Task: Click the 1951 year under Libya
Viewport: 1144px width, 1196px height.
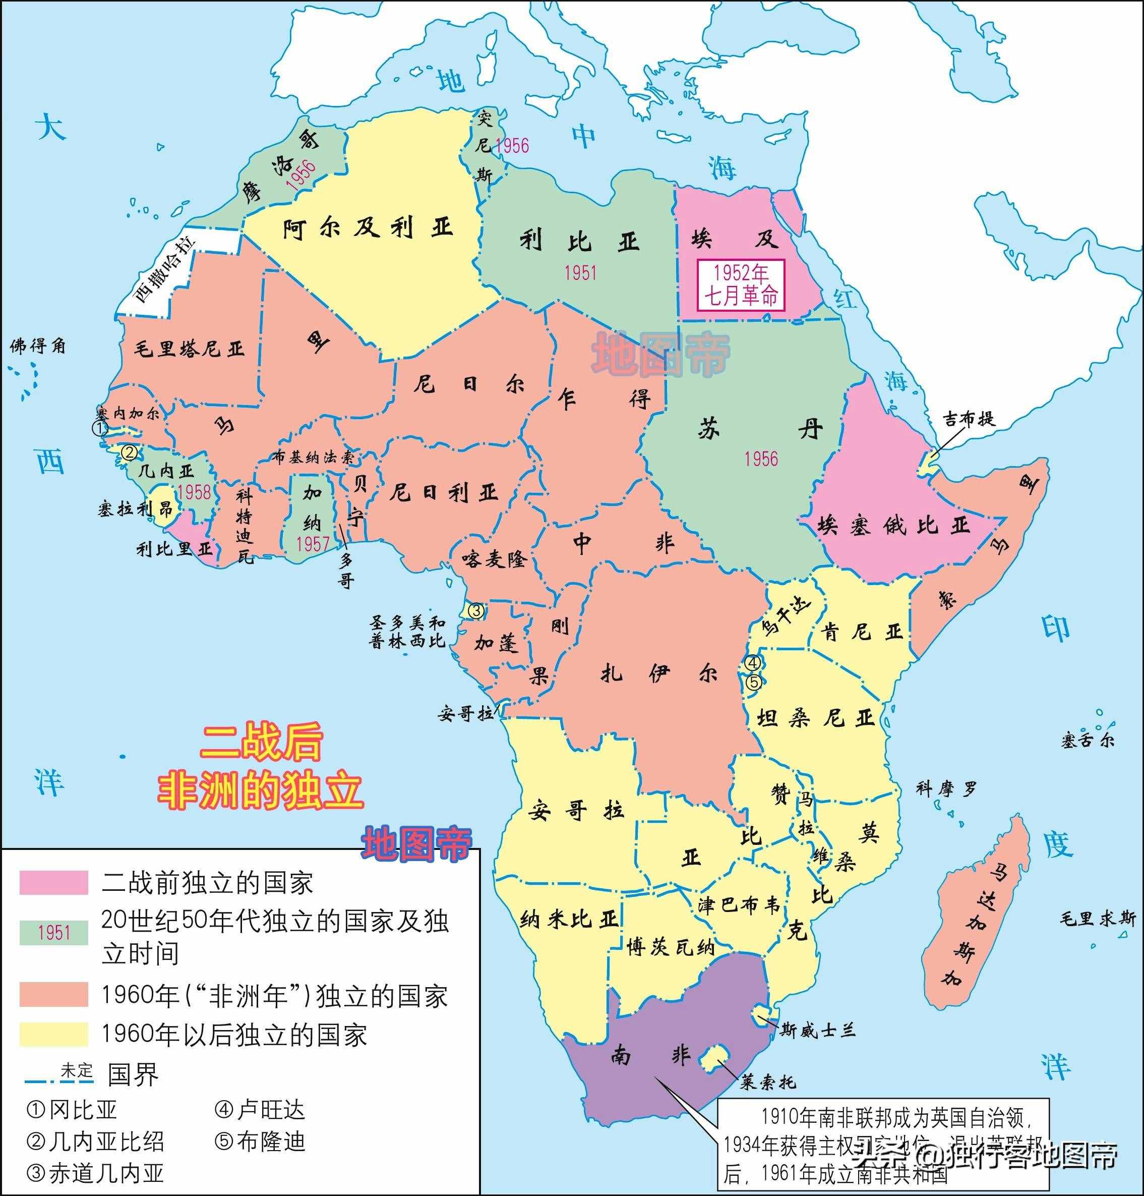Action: (x=580, y=273)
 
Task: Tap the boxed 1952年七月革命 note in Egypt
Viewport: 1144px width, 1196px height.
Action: (x=741, y=285)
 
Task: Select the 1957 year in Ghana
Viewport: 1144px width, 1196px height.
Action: (x=312, y=544)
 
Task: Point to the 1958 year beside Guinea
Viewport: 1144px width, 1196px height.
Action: (x=194, y=492)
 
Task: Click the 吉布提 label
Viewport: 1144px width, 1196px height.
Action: (x=969, y=419)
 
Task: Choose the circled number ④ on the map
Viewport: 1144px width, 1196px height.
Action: (x=753, y=662)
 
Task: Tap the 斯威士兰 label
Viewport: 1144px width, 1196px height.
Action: (x=817, y=1031)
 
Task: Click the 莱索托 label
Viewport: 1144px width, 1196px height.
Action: (x=768, y=1082)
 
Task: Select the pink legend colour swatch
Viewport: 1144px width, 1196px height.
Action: (x=53, y=882)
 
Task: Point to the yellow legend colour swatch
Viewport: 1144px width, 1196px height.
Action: (x=53, y=1034)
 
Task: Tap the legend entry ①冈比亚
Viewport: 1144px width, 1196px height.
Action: (x=72, y=1110)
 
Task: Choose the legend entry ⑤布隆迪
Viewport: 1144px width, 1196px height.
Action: (x=260, y=1141)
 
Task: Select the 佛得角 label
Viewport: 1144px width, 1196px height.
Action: (x=38, y=347)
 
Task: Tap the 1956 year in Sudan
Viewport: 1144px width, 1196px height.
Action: (x=761, y=459)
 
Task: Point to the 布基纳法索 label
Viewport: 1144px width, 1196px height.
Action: (x=313, y=457)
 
